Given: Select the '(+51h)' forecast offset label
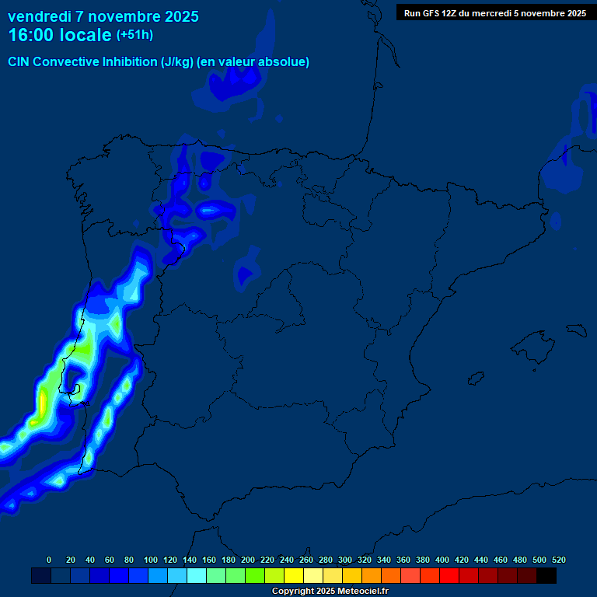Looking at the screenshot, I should [x=134, y=35].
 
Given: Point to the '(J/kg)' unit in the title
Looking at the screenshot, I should [x=178, y=62].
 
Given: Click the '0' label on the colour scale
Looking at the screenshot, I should [x=49, y=560].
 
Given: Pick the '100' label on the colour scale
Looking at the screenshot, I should [x=151, y=560].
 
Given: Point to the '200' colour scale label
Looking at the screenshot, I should [x=248, y=560].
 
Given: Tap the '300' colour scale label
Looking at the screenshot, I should [x=345, y=560].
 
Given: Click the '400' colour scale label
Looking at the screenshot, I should [x=442, y=560].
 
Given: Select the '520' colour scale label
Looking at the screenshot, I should [x=558, y=560].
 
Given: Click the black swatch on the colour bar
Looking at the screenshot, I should [x=546, y=576].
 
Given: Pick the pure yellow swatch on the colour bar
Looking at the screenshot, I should [x=294, y=576].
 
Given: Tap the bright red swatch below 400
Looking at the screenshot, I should [x=449, y=576].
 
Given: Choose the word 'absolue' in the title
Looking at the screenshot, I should [x=284, y=62].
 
